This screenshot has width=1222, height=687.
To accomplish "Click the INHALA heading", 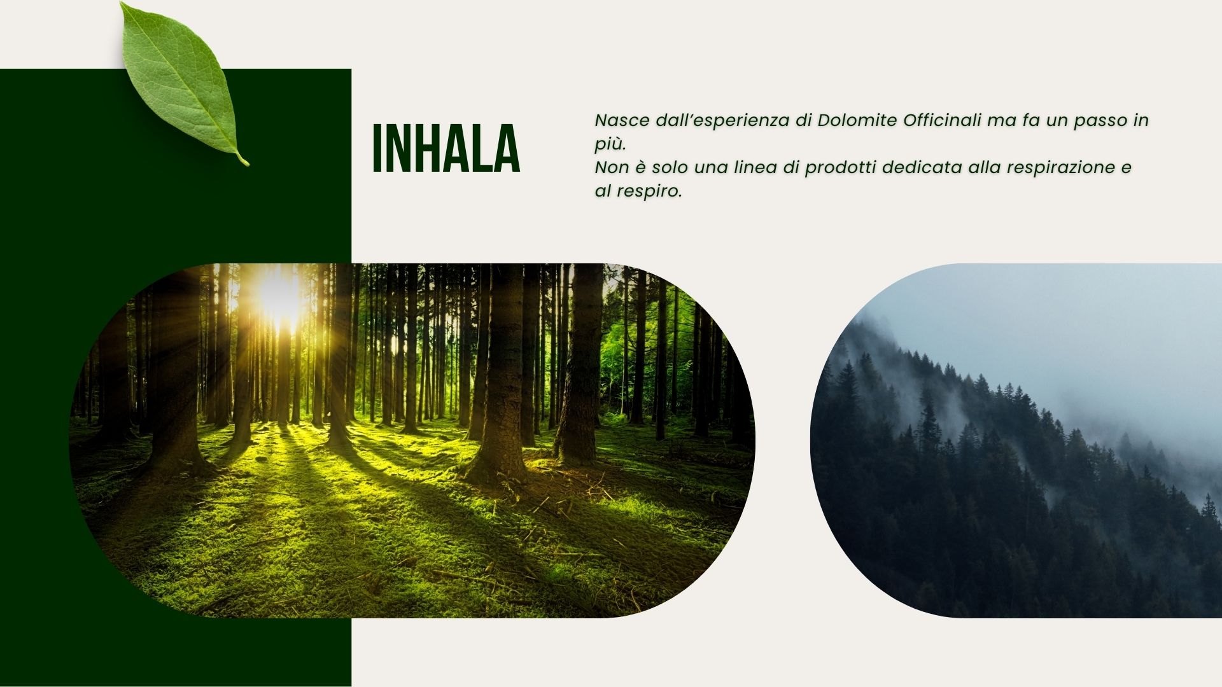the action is [x=446, y=149].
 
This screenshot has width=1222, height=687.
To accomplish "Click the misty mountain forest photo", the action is [x=1016, y=440].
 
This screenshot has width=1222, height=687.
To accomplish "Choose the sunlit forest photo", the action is [x=412, y=440].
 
